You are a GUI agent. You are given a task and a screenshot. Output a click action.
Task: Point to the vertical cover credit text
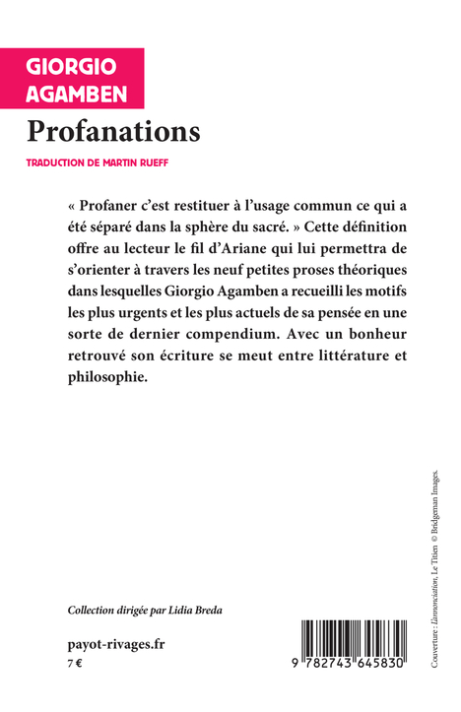(434, 571)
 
